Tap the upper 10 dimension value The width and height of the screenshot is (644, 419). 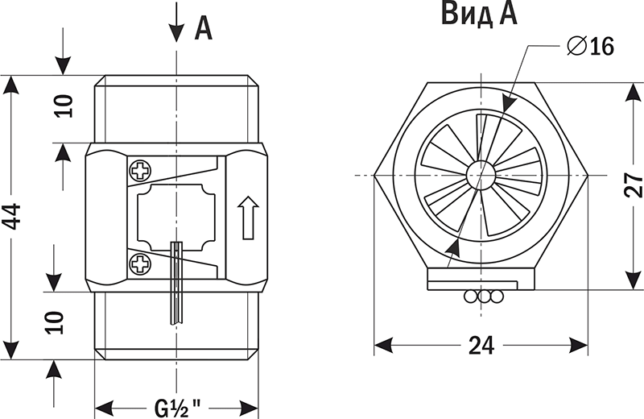(x=64, y=106)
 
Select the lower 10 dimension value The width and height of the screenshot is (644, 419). (x=55, y=323)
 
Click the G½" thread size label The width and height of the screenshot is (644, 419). (x=177, y=402)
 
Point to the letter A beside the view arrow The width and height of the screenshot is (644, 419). (x=204, y=29)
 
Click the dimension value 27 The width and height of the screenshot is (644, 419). (x=634, y=185)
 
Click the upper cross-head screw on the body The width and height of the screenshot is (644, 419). (x=140, y=171)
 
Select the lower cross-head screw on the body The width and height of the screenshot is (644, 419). (x=140, y=263)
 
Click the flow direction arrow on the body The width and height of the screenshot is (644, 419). (x=247, y=218)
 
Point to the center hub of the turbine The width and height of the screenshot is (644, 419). (x=481, y=174)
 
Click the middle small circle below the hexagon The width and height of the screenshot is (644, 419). (x=484, y=297)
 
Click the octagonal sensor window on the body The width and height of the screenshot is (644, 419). (x=176, y=216)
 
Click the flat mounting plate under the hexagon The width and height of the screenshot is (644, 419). (x=481, y=280)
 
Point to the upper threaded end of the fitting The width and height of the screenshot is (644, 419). (x=176, y=109)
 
